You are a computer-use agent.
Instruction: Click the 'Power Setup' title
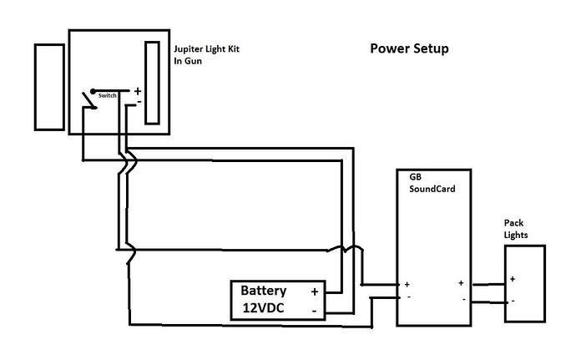pos(409,48)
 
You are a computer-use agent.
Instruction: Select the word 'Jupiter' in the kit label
pos(188,49)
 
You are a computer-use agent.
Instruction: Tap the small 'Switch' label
pos(107,95)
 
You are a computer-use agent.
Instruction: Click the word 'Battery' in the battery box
pos(264,291)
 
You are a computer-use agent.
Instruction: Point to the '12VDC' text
pos(264,307)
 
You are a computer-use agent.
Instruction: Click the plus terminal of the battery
pos(315,292)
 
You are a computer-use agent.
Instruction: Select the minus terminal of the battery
pos(315,311)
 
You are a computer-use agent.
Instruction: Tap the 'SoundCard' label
pos(432,189)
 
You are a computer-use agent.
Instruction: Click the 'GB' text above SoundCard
pos(416,177)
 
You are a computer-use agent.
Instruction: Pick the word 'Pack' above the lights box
pos(513,223)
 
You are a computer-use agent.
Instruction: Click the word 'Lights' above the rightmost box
pos(516,235)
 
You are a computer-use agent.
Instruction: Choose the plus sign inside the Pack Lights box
pos(513,279)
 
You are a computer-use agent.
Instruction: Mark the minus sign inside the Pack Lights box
pos(513,302)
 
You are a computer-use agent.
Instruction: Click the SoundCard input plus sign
pos(407,284)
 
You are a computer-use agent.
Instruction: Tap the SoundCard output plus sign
pos(461,283)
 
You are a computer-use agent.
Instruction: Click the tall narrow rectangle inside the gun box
pos(152,83)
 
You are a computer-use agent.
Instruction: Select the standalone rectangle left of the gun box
pos(49,87)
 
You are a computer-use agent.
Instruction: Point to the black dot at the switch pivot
pos(93,91)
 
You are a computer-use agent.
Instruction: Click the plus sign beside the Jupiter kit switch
pos(138,91)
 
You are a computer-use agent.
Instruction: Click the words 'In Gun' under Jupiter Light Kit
pos(188,61)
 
